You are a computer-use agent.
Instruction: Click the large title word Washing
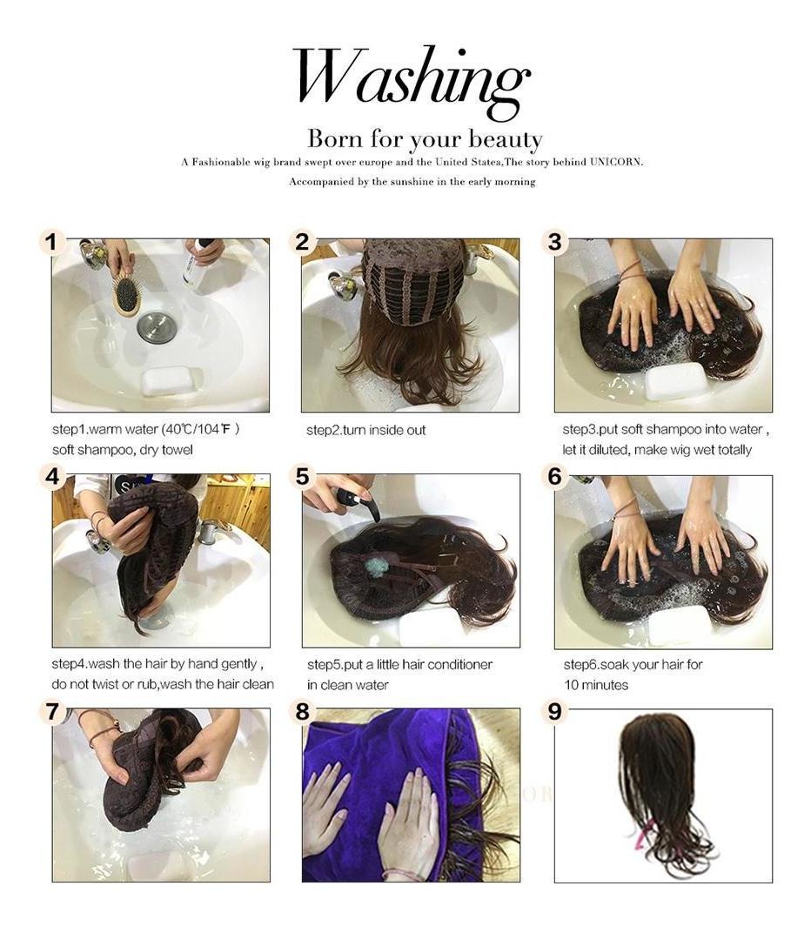click(411, 83)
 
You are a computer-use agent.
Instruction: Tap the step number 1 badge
click(52, 242)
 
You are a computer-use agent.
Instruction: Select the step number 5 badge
click(303, 476)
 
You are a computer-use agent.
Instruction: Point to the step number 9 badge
click(554, 711)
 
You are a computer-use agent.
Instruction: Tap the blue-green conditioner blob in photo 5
click(374, 567)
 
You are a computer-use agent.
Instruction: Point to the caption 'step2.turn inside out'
click(365, 431)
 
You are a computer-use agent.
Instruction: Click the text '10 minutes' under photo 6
click(596, 685)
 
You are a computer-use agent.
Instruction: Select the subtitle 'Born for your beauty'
click(425, 139)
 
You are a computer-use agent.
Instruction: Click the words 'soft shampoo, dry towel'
click(123, 450)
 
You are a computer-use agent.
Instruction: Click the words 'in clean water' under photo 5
click(347, 685)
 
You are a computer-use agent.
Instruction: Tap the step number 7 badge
click(52, 711)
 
